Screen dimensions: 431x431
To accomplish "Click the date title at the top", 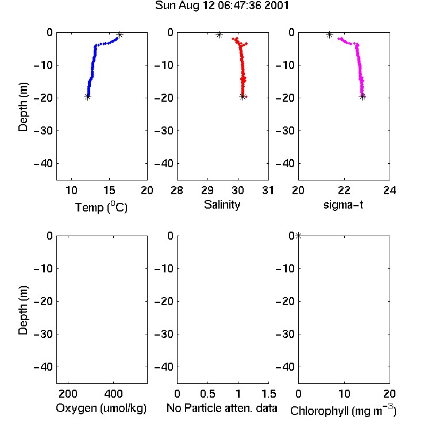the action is click(x=222, y=6).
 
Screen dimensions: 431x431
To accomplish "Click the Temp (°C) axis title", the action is click(x=101, y=207).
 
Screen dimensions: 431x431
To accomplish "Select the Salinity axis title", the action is click(x=222, y=205).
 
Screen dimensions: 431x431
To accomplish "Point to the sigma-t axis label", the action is click(x=343, y=205).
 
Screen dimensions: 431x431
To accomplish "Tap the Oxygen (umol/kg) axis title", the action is click(x=101, y=409).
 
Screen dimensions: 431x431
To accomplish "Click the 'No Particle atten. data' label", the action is click(x=222, y=408).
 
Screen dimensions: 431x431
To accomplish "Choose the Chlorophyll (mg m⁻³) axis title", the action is click(x=343, y=410).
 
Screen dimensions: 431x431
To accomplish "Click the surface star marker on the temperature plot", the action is click(x=120, y=35).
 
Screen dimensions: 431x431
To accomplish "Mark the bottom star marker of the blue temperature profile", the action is click(x=87, y=97).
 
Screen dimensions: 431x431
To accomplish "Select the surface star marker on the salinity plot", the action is click(x=219, y=35).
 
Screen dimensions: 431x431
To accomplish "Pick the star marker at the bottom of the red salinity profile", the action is click(x=243, y=97).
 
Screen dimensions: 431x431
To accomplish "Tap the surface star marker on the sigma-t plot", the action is click(x=329, y=35).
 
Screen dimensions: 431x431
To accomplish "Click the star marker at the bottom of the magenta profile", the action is click(x=363, y=97).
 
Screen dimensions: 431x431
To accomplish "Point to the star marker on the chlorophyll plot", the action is click(x=298, y=236).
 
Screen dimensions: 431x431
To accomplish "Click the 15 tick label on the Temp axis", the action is click(x=109, y=190).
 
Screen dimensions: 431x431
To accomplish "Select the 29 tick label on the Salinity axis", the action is click(x=207, y=190).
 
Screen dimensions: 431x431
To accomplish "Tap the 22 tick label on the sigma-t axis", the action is click(x=344, y=190).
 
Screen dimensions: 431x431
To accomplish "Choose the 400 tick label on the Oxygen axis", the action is click(x=113, y=394).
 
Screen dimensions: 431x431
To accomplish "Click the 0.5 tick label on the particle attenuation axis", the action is click(x=207, y=394).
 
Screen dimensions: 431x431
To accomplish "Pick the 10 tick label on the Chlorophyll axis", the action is click(x=344, y=394).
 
